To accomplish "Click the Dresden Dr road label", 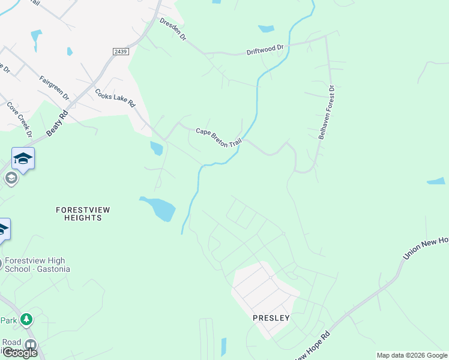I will click(x=173, y=29).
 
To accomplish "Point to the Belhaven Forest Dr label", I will click(x=327, y=112).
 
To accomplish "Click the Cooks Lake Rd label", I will click(x=115, y=98).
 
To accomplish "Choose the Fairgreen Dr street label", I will click(x=55, y=88).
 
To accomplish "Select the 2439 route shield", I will click(x=121, y=52).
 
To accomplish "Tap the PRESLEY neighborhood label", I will click(x=271, y=318).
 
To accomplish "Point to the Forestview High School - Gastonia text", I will click(x=37, y=265).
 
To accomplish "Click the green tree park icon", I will click(x=26, y=319).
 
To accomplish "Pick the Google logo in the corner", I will click(x=19, y=353).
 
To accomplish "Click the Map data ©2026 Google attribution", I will click(x=412, y=355).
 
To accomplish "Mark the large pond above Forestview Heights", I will click(x=159, y=208).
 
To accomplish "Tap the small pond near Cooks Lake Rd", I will click(x=156, y=148).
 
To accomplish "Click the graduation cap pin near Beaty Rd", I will click(x=23, y=159).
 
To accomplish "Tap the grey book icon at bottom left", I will click(x=29, y=345).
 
